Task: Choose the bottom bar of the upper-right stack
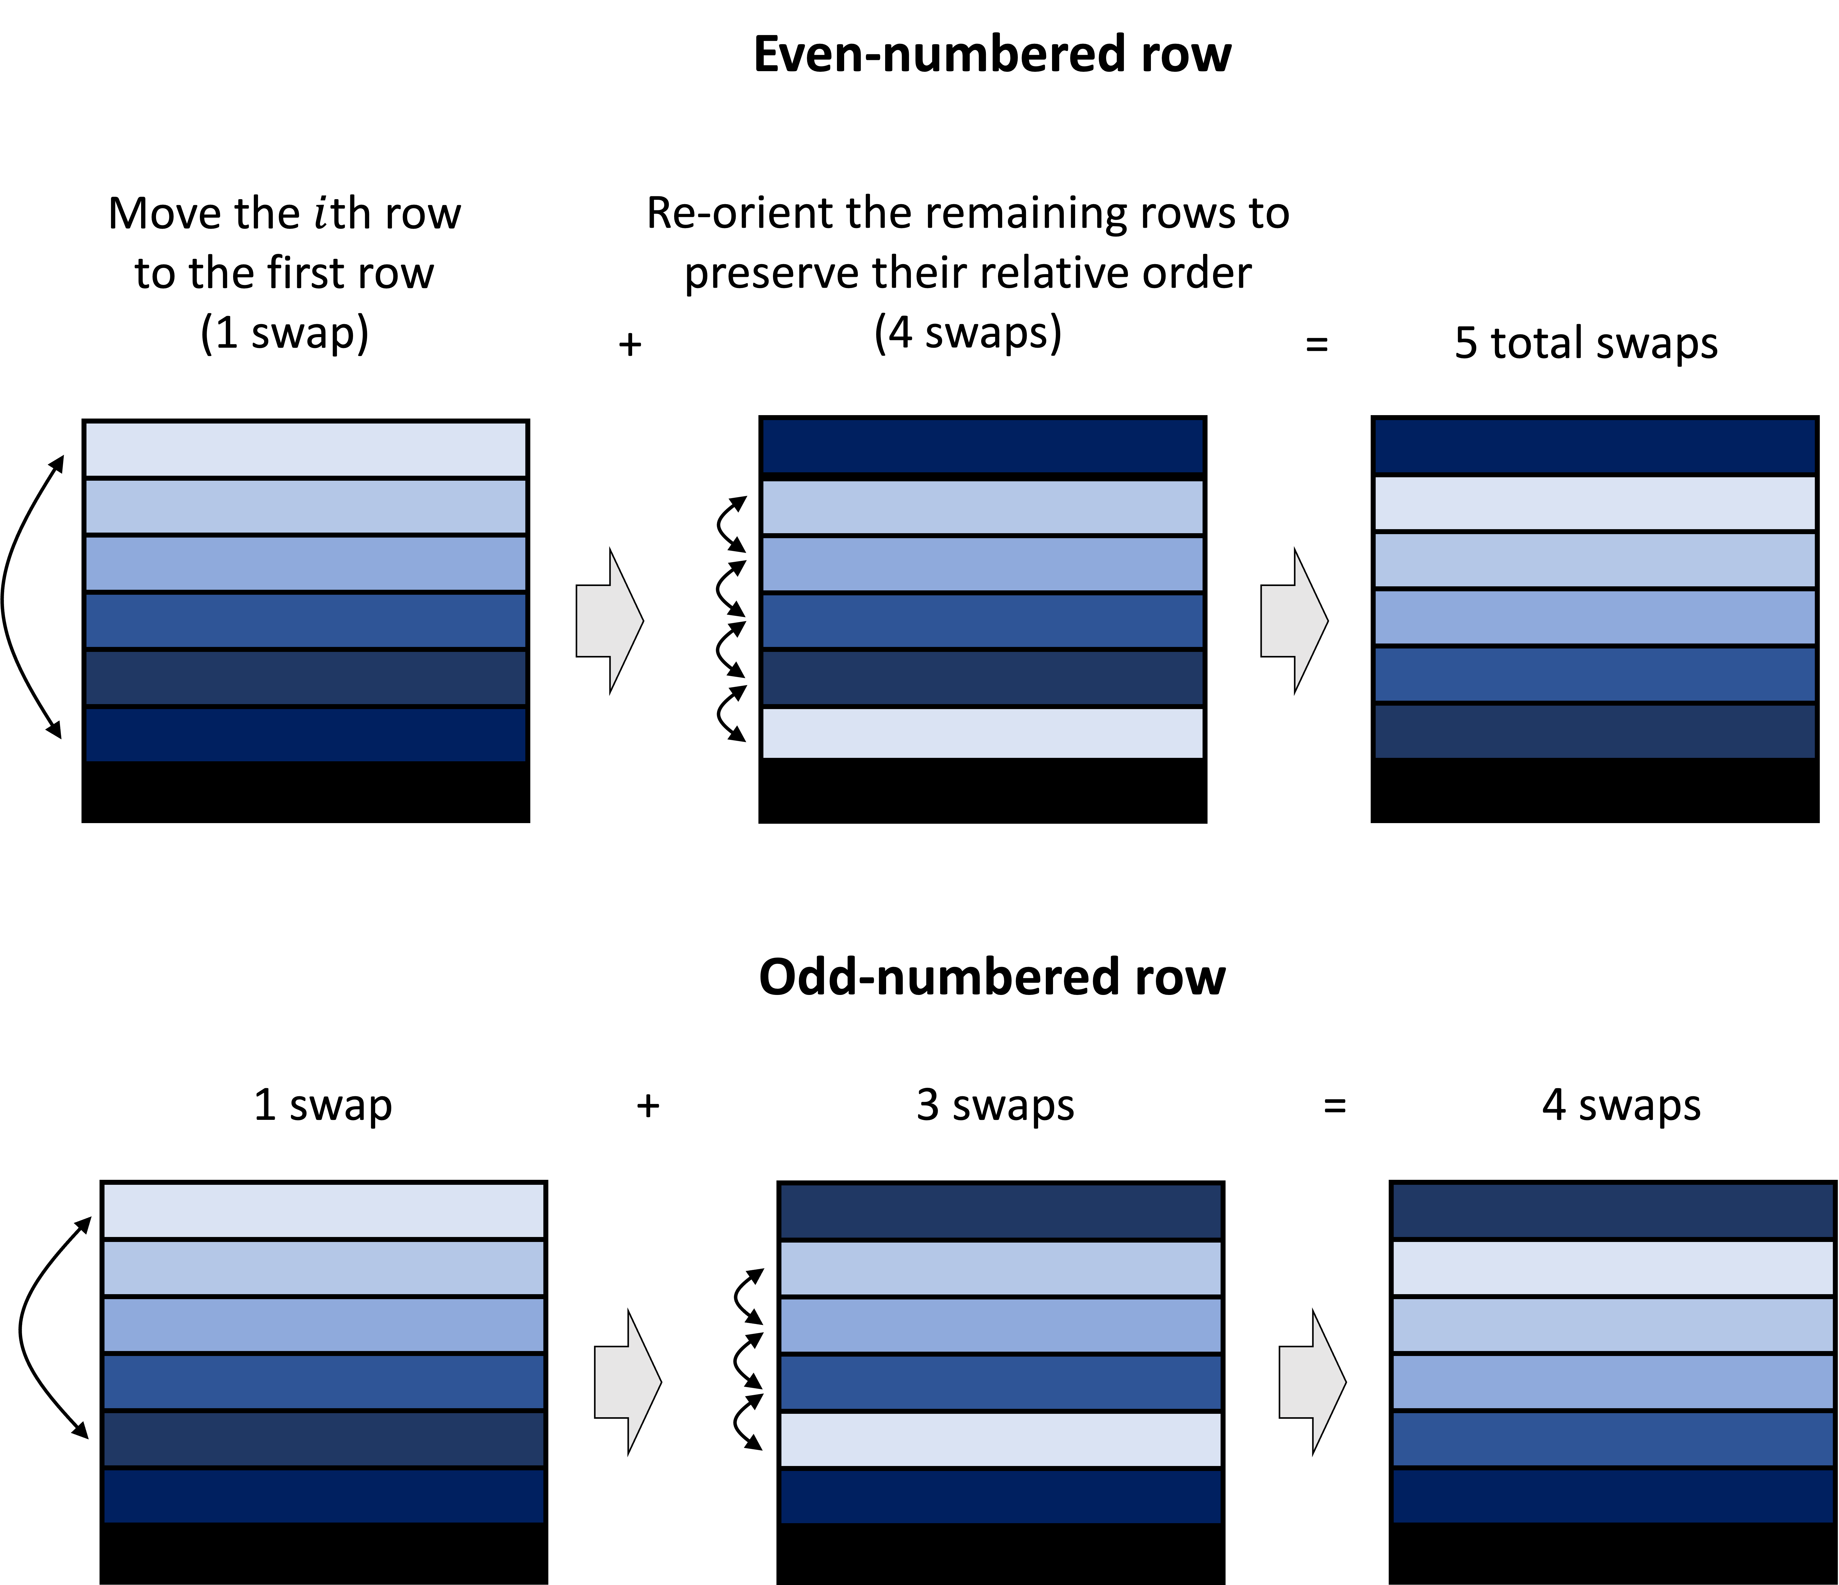1595,731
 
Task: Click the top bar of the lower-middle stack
1000,1212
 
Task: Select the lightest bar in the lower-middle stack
1000,1440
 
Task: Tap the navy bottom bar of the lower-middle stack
1000,1497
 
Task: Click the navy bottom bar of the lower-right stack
1613,1496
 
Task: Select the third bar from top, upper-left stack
305,564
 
